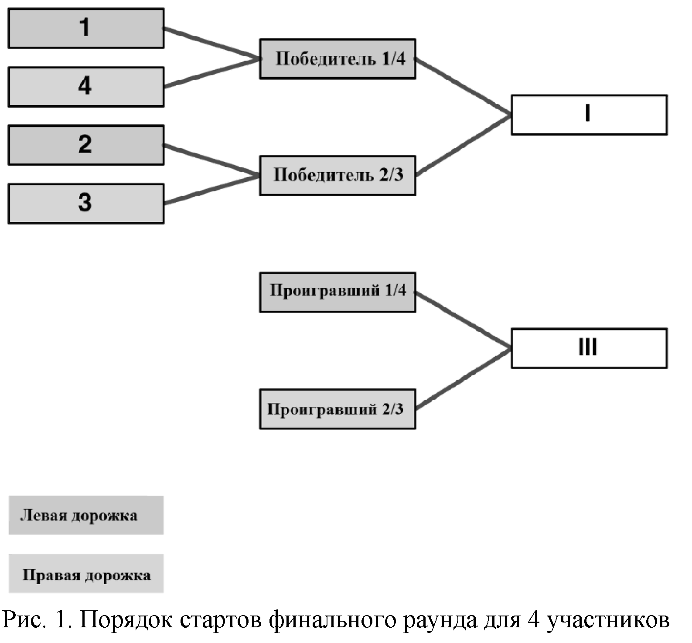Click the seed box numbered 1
(86, 28)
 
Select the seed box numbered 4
(86, 86)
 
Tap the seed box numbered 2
(86, 145)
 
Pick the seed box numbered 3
(86, 203)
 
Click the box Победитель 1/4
(337, 58)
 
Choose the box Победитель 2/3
(337, 175)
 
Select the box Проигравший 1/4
(337, 292)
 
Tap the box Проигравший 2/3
(337, 409)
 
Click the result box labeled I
(589, 115)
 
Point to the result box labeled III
(589, 348)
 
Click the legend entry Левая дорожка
(86, 515)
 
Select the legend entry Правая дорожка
(86, 573)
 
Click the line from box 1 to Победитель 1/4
(212, 43)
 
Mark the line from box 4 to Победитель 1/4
(212, 73)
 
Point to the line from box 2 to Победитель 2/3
(212, 160)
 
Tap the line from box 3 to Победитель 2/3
(212, 190)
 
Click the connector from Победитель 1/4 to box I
(463, 87)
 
